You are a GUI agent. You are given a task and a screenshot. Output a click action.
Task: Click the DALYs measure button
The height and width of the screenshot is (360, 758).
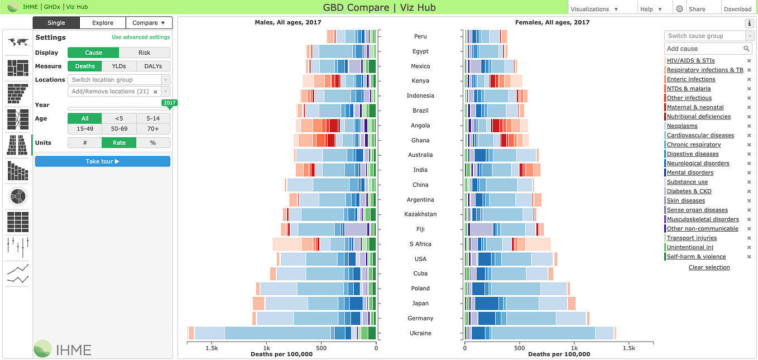click(153, 66)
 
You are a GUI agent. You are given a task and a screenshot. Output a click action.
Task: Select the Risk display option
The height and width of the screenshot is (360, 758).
click(145, 52)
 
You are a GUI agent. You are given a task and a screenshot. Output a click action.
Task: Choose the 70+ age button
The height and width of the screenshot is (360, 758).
click(153, 128)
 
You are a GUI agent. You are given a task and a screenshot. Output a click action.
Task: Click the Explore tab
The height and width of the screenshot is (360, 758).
click(103, 23)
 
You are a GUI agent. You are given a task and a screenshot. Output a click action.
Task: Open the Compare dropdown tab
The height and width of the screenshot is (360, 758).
click(149, 23)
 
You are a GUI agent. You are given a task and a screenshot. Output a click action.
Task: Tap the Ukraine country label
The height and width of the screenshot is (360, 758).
click(420, 333)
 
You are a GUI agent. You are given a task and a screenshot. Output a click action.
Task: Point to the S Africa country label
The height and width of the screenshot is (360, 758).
click(420, 244)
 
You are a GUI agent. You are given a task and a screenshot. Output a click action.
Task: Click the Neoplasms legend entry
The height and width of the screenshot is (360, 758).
click(682, 126)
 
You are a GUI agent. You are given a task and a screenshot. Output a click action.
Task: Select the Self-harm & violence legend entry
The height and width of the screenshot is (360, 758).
click(696, 257)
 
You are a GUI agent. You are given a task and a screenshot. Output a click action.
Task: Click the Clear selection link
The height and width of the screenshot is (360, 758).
click(709, 267)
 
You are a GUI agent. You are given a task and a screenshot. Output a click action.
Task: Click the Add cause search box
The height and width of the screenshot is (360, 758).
click(703, 49)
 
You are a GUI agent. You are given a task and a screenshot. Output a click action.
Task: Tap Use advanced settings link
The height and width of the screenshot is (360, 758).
click(141, 37)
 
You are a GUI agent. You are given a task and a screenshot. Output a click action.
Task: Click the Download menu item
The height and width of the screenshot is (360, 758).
click(737, 9)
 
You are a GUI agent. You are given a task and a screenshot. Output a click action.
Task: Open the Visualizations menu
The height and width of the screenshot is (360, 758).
click(594, 9)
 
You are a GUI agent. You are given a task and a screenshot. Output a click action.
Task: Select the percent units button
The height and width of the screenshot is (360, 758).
click(153, 143)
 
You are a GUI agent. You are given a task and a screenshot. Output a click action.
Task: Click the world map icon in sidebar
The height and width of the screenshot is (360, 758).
click(18, 42)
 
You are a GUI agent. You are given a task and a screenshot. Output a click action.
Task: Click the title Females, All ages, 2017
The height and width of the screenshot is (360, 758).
click(552, 22)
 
